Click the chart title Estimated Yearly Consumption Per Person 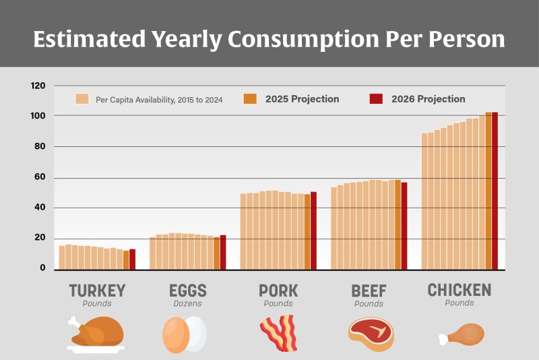point(269,38)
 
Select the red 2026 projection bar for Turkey point(133,260)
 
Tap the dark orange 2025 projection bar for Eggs point(216,253)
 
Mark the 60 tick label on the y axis point(40,178)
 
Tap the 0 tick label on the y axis point(42,268)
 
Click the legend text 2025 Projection point(302,99)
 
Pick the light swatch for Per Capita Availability point(83,99)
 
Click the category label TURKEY point(97,291)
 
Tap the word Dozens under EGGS point(187,304)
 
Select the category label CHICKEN point(459,291)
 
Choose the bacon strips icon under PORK point(278,333)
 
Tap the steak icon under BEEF point(371,333)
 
